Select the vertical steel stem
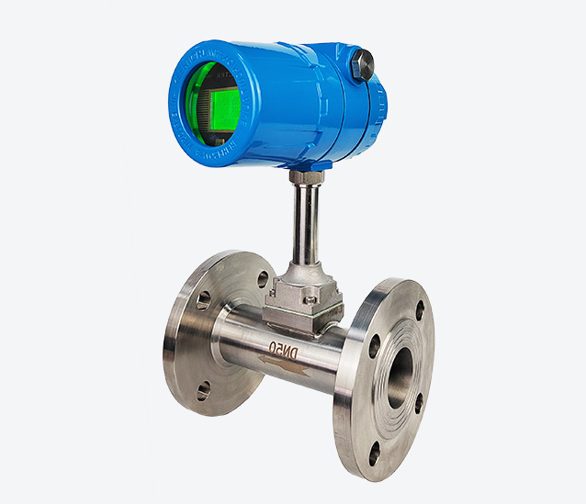(x=303, y=225)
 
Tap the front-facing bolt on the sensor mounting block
(x=311, y=298)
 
